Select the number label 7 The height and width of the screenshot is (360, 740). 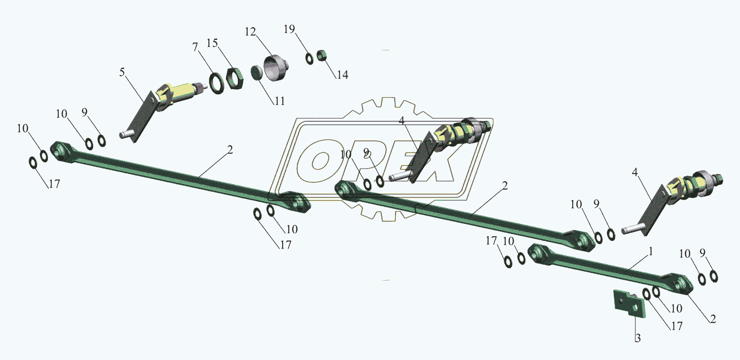(x=195, y=47)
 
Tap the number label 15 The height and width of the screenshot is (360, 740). (x=212, y=43)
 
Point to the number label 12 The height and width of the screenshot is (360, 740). (x=250, y=32)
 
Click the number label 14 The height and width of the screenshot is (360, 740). (x=342, y=75)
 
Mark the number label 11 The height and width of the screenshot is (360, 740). (x=280, y=101)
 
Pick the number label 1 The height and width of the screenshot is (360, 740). (x=651, y=252)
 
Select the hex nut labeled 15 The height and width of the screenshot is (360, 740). (x=234, y=78)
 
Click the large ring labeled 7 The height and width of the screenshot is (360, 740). (x=216, y=82)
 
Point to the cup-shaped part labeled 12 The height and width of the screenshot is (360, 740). (x=275, y=68)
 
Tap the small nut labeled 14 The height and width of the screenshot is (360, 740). (x=323, y=55)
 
